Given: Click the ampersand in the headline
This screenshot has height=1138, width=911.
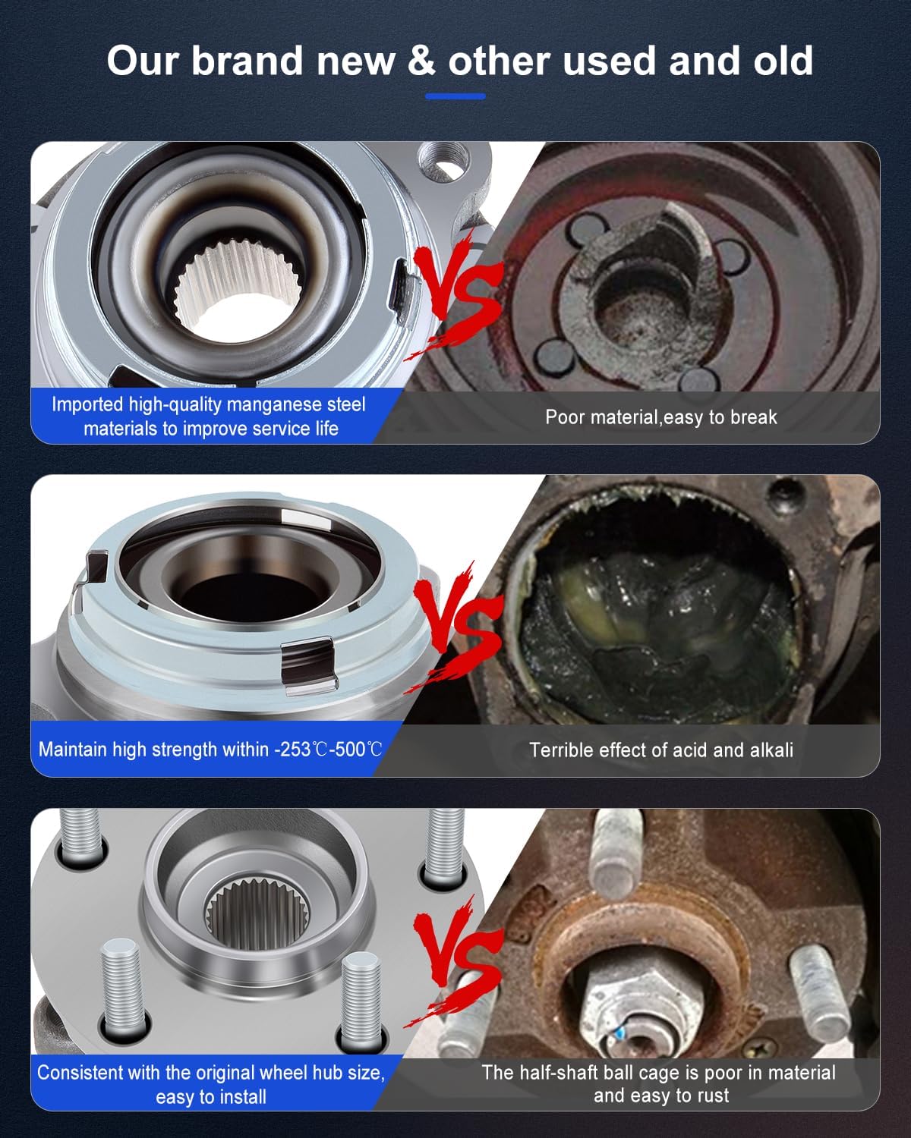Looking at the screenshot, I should (421, 61).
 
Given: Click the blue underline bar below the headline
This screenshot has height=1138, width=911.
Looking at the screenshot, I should (455, 96).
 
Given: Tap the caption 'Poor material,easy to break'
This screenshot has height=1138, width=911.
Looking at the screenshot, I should (660, 417).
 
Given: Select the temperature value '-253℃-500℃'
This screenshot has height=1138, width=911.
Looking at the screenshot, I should (328, 750).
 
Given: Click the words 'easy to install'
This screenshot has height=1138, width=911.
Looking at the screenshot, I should (211, 1096).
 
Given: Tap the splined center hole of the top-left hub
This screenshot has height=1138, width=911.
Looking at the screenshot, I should (220, 296).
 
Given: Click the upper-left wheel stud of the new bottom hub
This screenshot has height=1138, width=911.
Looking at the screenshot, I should (79, 838).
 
